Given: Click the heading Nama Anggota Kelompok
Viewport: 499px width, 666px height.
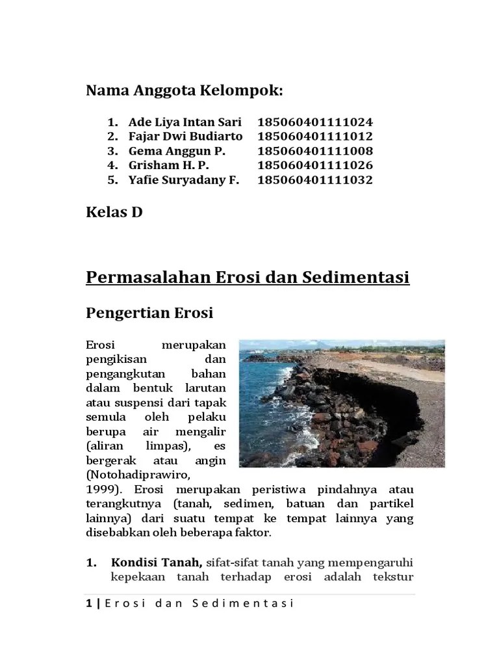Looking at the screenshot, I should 185,91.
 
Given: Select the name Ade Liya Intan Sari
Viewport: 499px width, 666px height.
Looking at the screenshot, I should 185,122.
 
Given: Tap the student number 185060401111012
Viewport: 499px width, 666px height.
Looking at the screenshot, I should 315,137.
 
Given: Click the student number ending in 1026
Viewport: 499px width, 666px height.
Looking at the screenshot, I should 315,165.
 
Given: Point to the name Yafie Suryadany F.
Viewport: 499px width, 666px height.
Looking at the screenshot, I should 184,180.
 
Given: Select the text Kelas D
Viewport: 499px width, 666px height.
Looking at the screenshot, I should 114,212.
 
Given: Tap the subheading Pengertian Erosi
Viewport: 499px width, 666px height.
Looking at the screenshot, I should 149,313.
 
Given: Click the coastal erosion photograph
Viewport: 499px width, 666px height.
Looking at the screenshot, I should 342,403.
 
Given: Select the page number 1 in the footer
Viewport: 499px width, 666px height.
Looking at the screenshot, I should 88,604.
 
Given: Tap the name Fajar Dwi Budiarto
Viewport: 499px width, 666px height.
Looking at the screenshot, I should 185,137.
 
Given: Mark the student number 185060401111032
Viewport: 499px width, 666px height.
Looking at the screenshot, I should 315,180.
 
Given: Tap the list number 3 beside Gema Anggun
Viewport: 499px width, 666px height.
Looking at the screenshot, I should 112,151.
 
